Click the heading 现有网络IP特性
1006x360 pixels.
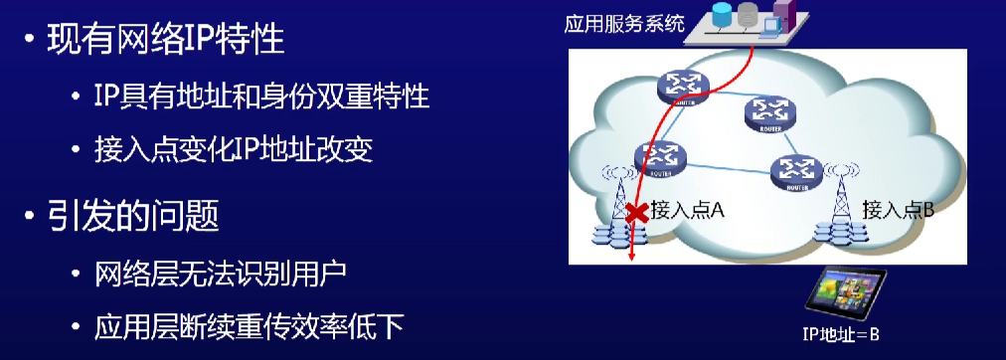(165, 41)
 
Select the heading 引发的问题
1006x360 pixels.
(132, 215)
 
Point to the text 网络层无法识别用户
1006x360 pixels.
(224, 271)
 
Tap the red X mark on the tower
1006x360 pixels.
(637, 211)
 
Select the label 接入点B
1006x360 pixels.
(899, 211)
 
